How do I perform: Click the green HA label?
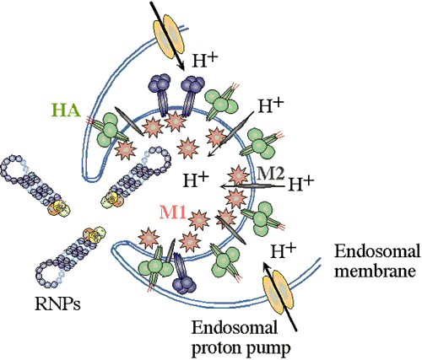66,110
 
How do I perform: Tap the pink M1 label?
173,212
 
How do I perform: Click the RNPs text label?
57,304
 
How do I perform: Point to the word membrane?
375,271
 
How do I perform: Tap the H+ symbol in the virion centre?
196,180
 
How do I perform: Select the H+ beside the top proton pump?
205,60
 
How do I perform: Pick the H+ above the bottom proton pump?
284,250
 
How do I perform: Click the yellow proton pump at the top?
169,36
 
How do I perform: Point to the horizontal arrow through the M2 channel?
252,186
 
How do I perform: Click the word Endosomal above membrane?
376,250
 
